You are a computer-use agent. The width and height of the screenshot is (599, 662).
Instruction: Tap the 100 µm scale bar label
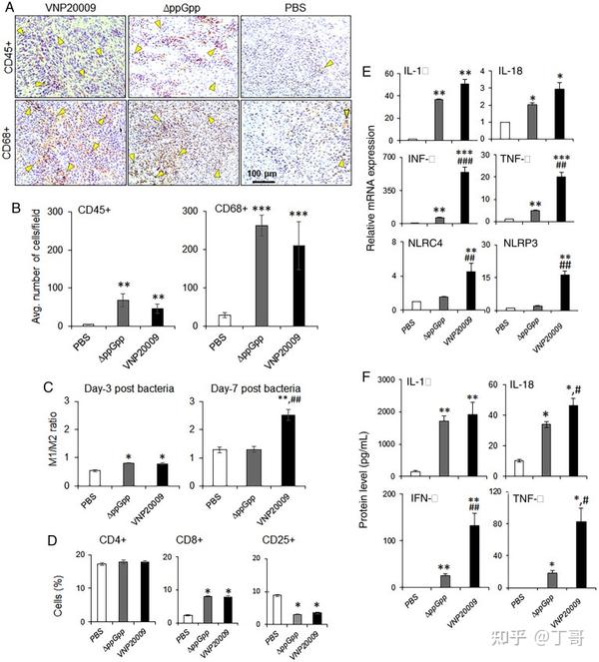click(263, 174)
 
